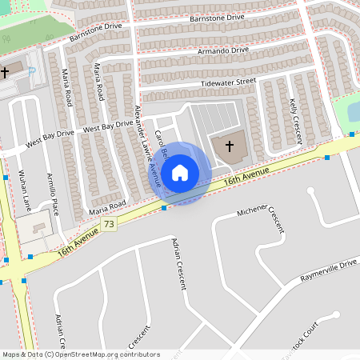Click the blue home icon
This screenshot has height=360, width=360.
click(180, 173)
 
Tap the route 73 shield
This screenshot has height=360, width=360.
click(110, 225)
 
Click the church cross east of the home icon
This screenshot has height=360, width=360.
click(230, 146)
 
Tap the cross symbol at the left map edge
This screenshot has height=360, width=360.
click(5, 72)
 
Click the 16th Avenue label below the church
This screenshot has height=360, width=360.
click(246, 178)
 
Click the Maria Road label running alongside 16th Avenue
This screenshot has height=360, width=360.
click(108, 206)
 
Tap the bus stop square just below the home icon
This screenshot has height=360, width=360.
click(164, 208)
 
